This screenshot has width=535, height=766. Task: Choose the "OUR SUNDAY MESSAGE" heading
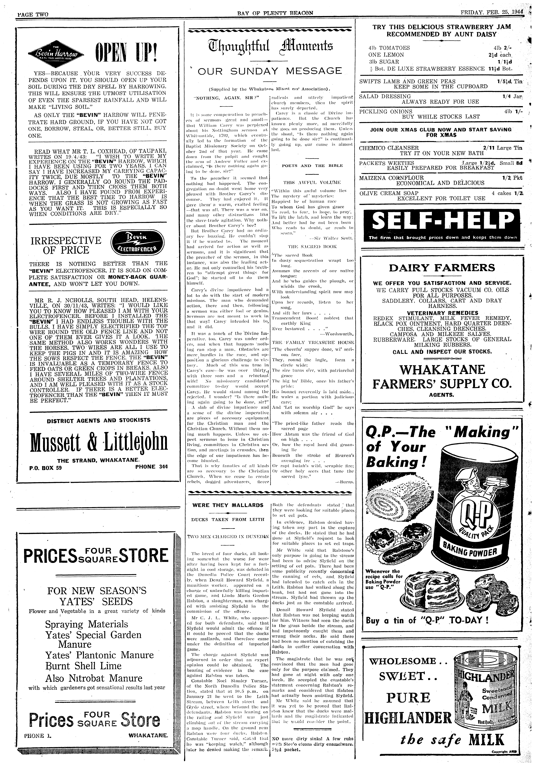(x=270, y=71)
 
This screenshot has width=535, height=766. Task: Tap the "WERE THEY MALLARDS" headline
(x=228, y=505)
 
